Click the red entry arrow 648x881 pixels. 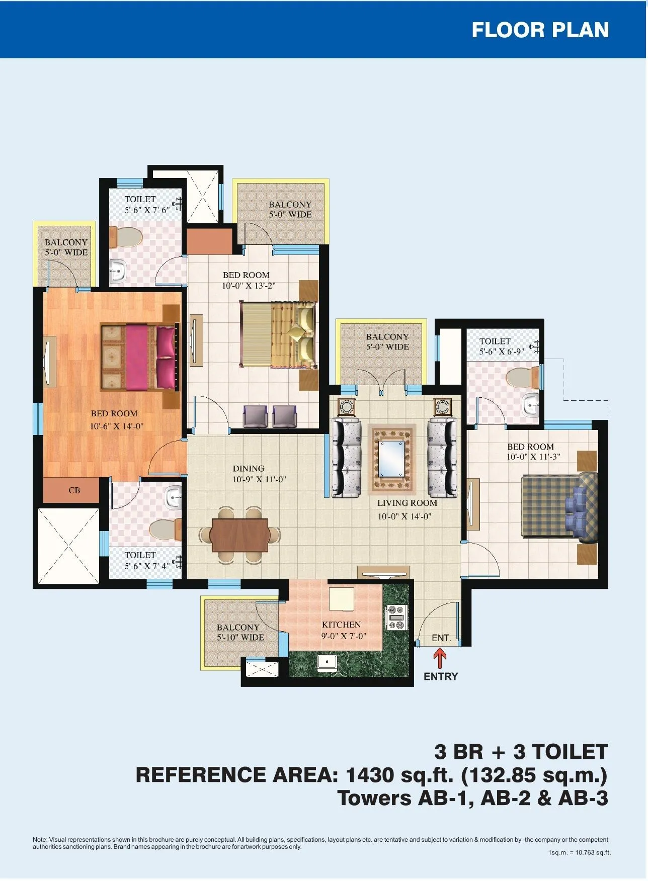click(x=440, y=658)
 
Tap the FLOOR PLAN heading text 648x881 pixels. click(x=540, y=30)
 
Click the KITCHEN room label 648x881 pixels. click(x=342, y=625)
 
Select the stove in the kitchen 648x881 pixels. click(x=396, y=618)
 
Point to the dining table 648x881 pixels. click(x=239, y=535)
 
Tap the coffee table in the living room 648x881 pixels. click(x=392, y=458)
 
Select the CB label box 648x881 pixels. click(x=74, y=490)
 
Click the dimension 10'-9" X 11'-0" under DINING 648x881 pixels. click(x=259, y=480)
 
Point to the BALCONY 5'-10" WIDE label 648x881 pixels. click(x=240, y=633)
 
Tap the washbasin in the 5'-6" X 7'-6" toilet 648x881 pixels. click(x=118, y=271)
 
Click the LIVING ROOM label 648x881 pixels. click(x=407, y=503)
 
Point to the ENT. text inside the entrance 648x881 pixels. click(x=441, y=638)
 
